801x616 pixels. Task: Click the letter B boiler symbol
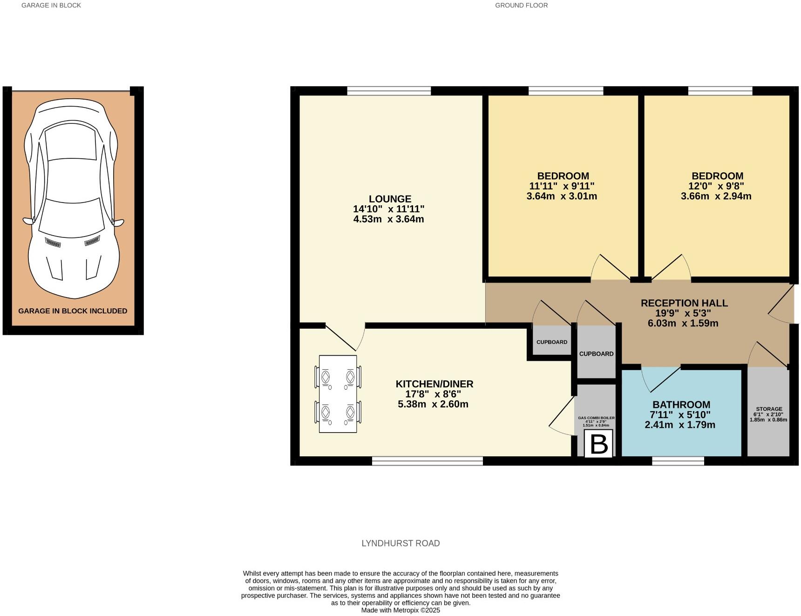click(x=598, y=444)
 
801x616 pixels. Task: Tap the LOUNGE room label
click(x=390, y=199)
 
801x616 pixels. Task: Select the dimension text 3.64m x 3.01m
click(x=562, y=196)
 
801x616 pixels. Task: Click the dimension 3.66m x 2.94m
click(x=716, y=196)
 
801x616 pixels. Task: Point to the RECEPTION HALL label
click(x=684, y=303)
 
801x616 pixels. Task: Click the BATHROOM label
click(x=681, y=405)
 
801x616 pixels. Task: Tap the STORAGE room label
click(x=768, y=409)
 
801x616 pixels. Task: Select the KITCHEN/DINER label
click(x=434, y=384)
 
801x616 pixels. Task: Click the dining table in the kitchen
click(x=338, y=394)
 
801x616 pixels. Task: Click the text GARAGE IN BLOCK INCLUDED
click(x=73, y=311)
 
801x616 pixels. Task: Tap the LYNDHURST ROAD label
click(x=400, y=543)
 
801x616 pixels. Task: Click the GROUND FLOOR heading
click(x=521, y=6)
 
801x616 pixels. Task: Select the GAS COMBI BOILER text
click(x=596, y=418)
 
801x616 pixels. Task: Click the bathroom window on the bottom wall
click(x=678, y=461)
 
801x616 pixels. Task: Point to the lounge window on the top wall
click(x=389, y=91)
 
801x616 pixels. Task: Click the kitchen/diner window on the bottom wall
click(x=427, y=461)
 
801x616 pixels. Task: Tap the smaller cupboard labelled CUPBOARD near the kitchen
click(x=552, y=342)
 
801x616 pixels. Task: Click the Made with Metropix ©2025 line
click(x=400, y=610)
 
